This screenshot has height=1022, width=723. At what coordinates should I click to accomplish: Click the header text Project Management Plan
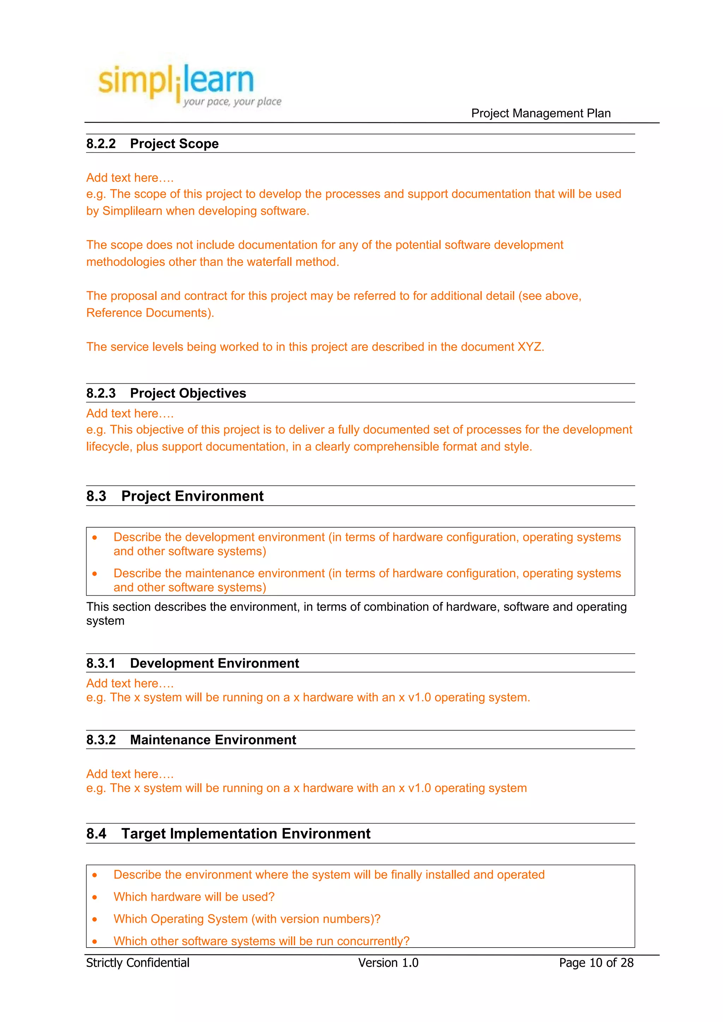point(540,114)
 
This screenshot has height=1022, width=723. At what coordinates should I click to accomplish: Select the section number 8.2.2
point(101,144)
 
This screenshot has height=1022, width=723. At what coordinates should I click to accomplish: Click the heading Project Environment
point(192,496)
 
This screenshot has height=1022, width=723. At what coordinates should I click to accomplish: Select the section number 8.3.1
point(101,663)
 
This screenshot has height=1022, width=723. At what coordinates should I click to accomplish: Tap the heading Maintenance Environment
point(213,740)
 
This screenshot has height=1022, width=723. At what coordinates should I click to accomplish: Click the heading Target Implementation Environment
point(245,833)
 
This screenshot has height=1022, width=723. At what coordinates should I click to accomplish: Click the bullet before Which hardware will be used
point(95,898)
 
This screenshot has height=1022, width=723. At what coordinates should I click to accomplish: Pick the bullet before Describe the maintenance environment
point(95,574)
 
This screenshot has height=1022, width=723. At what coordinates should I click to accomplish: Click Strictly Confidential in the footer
point(138,963)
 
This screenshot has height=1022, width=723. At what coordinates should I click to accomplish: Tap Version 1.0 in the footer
point(388,963)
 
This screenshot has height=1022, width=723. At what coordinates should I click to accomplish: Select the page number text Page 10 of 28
point(596,963)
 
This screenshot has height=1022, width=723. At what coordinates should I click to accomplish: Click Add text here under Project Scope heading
point(130,178)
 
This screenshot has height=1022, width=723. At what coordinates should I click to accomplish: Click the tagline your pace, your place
point(232,102)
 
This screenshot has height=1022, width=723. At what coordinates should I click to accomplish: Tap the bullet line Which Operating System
point(247,919)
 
